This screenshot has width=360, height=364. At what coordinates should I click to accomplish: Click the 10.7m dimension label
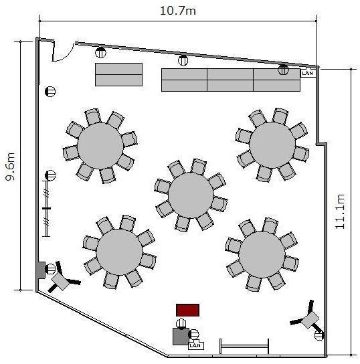click(178, 11)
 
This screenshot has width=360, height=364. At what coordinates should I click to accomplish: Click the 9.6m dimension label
click(11, 166)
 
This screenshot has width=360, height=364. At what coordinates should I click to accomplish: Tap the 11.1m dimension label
click(340, 211)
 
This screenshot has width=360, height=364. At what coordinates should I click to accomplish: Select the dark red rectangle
click(187, 310)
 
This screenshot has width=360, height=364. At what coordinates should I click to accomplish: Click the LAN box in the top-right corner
click(308, 73)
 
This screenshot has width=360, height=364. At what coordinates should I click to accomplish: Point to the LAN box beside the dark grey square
click(195, 345)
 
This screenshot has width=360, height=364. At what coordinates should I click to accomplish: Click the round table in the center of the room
click(191, 195)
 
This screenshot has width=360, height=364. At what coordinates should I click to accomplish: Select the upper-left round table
click(100, 146)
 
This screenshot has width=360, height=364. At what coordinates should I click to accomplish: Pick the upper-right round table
click(272, 145)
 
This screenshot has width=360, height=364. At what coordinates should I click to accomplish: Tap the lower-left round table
click(119, 252)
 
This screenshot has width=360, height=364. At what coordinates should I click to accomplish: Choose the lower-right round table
click(262, 254)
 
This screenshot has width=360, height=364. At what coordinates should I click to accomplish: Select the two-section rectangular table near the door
click(118, 74)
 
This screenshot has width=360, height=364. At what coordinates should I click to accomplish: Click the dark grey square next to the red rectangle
click(181, 337)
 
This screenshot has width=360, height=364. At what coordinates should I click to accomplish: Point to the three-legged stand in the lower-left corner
click(63, 278)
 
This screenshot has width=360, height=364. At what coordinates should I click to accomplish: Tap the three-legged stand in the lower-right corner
click(308, 318)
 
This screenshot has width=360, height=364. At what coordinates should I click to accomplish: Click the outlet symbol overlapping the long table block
click(283, 70)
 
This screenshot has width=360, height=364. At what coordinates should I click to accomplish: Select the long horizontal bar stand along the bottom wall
click(244, 347)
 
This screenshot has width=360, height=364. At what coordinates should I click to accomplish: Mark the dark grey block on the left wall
click(41, 270)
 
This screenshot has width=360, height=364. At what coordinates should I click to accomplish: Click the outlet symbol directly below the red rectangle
click(181, 324)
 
